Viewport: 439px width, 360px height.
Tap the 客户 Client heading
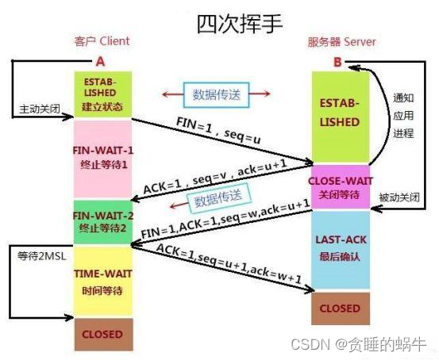click(x=101, y=40)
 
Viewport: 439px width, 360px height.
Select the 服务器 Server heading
click(x=342, y=41)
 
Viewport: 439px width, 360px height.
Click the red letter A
click(x=100, y=60)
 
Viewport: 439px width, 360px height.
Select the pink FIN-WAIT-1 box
click(x=100, y=159)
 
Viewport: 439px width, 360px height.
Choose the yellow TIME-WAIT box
click(x=100, y=281)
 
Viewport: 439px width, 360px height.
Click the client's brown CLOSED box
click(x=102, y=333)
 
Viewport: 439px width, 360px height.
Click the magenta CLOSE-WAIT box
click(x=340, y=186)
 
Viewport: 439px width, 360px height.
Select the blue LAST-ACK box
click(x=340, y=248)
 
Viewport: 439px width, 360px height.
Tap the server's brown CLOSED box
click(x=340, y=308)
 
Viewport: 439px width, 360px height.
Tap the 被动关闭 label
click(x=399, y=196)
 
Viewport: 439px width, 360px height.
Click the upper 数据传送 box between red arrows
click(x=213, y=94)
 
